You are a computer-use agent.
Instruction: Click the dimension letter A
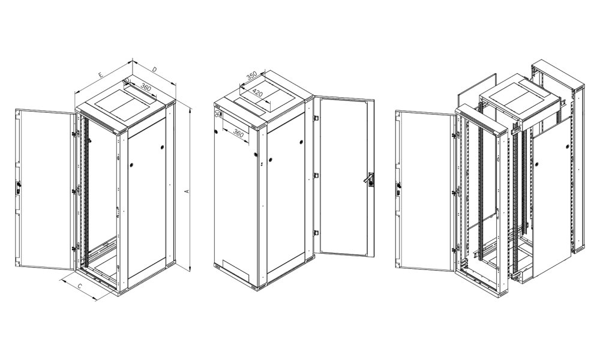coord(187,191)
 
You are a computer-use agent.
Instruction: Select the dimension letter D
coord(154,70)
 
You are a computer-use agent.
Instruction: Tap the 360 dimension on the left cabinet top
coord(145,88)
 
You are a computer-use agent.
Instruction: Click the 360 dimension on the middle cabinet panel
coord(238,133)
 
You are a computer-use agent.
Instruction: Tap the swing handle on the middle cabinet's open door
coord(371,179)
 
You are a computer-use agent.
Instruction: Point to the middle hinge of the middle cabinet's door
coord(316,175)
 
